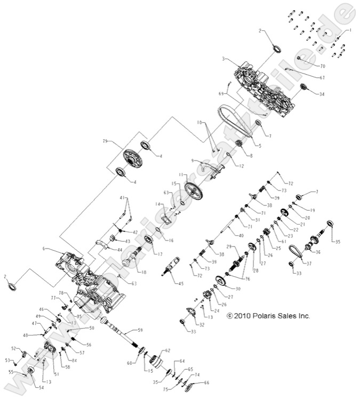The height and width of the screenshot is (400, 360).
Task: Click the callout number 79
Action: coord(105,141)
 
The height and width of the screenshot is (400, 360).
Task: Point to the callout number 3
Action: coord(225,59)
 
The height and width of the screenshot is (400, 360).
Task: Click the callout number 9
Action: coord(193,161)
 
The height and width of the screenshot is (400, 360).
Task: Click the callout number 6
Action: coord(45,249)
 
